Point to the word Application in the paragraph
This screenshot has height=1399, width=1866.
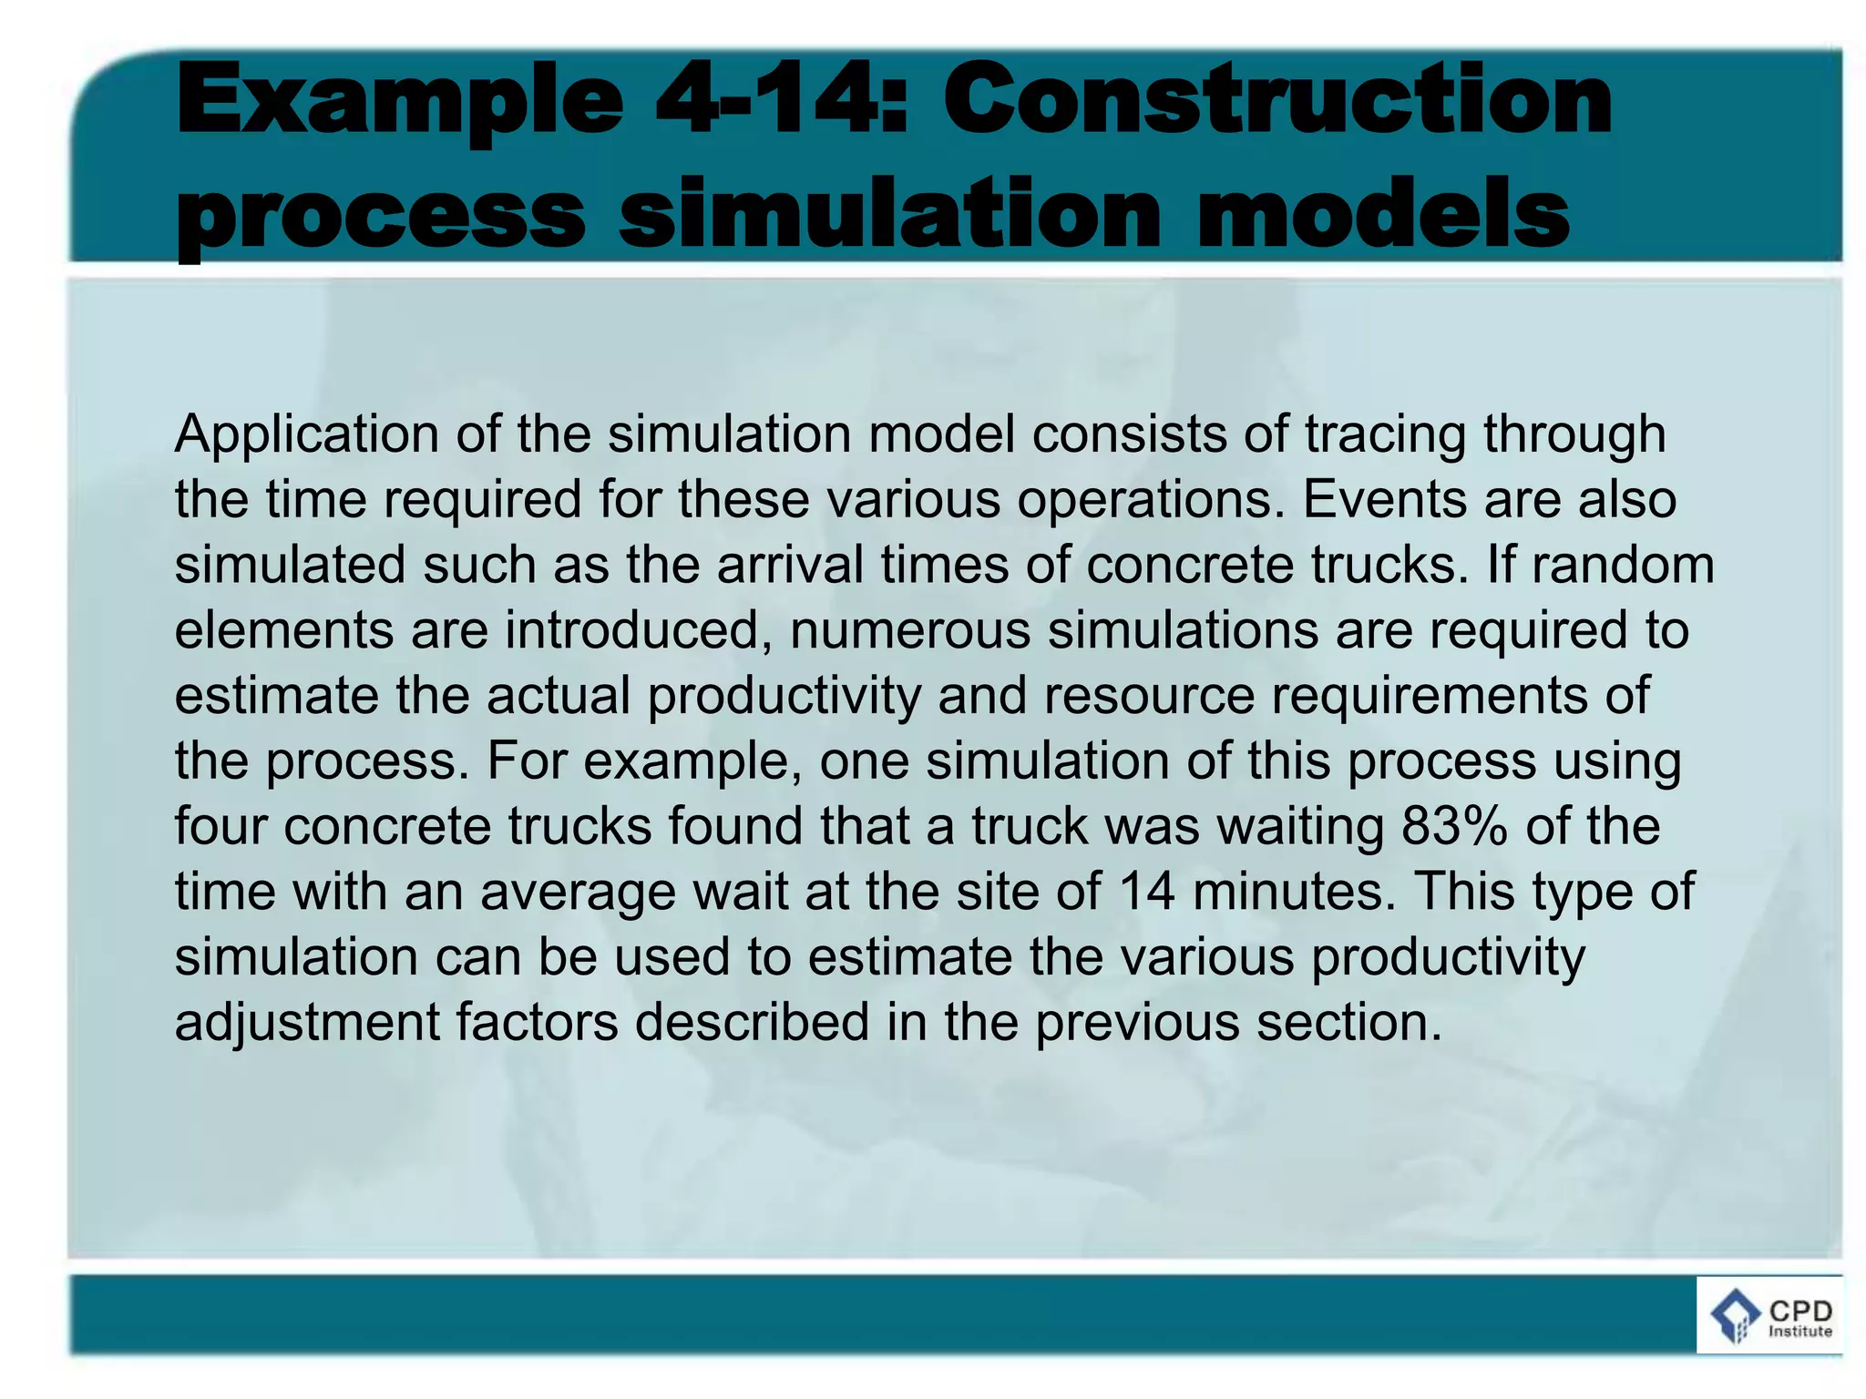(307, 434)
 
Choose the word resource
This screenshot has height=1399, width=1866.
(1149, 696)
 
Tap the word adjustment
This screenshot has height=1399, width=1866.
(307, 1022)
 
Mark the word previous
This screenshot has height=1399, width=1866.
(1137, 1022)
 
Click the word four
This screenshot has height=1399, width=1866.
(220, 826)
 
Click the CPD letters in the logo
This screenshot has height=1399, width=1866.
(1799, 1312)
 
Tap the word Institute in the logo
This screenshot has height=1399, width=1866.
(1799, 1332)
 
